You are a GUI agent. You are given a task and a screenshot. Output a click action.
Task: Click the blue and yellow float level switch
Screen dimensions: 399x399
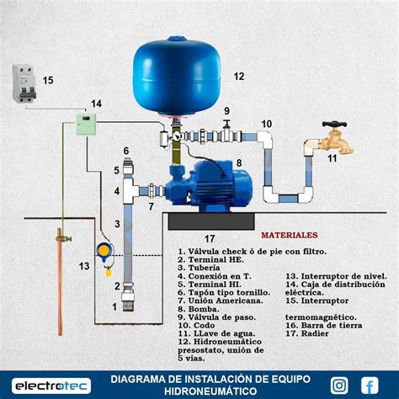point(104,253)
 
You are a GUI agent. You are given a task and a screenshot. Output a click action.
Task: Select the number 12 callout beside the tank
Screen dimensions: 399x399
point(238,77)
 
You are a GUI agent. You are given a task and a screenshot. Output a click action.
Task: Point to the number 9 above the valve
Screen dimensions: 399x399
point(226,111)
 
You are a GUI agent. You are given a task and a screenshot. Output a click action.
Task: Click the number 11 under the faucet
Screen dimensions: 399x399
point(332,158)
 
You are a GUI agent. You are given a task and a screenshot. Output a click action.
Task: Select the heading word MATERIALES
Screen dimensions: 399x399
point(289,236)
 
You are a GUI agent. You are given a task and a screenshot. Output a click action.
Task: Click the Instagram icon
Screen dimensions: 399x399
point(338,385)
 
